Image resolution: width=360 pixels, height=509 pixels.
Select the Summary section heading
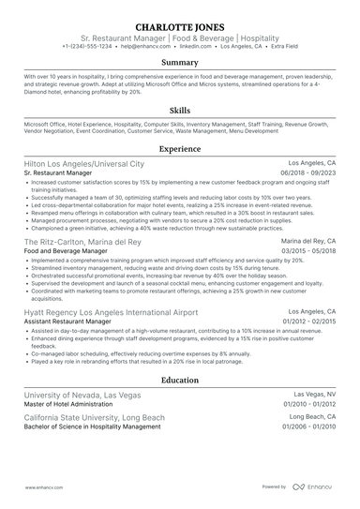(x=180, y=63)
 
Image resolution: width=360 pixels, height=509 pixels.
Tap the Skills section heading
(x=180, y=110)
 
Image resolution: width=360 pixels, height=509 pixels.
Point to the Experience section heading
(x=180, y=149)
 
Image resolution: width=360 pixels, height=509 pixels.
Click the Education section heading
(x=180, y=381)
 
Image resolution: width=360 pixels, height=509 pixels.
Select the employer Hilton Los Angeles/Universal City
(x=84, y=163)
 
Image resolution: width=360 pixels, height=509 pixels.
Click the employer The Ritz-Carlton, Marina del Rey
(x=83, y=241)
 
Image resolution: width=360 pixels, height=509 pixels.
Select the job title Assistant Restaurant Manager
(x=67, y=322)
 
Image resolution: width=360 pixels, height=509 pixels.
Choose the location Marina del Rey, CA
(x=308, y=241)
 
